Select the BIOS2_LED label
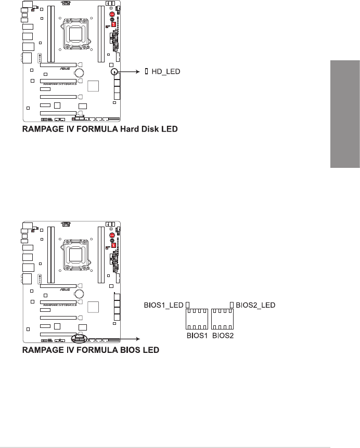pyautogui.click(x=255, y=305)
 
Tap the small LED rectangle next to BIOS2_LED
pyautogui.click(x=232, y=305)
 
